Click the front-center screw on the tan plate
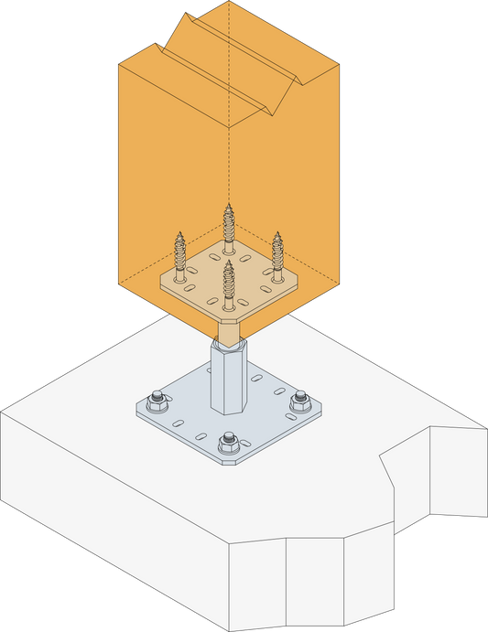(x=228, y=284)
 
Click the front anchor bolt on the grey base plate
(x=228, y=445)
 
